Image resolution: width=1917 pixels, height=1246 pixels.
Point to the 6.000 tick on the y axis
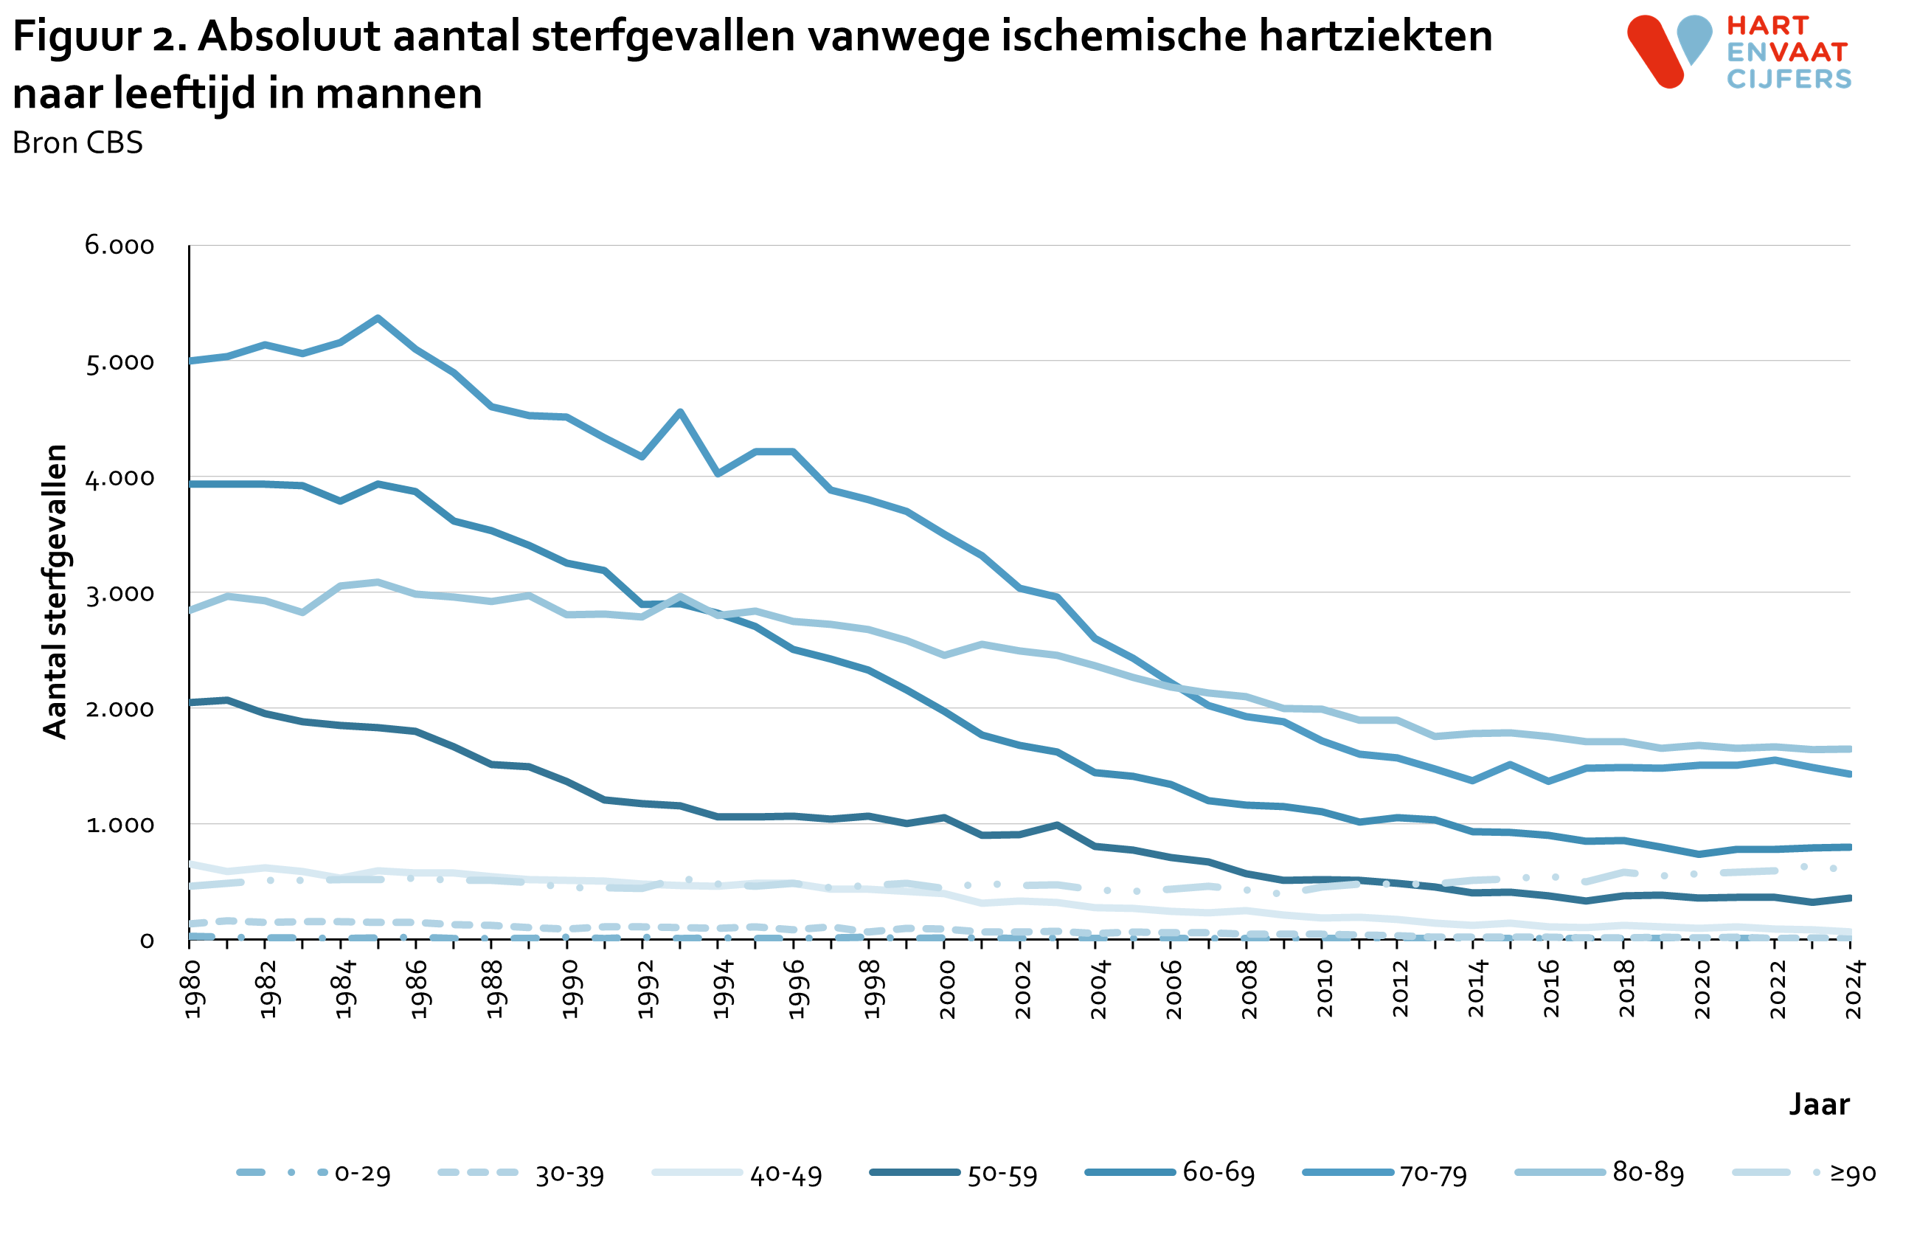tap(119, 246)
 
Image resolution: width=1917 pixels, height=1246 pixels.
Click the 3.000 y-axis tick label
tap(119, 595)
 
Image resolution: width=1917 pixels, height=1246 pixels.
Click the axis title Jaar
tap(1819, 1104)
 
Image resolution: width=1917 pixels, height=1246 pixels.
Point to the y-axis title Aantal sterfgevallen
tap(55, 592)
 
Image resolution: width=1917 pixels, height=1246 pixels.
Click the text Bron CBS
tap(77, 142)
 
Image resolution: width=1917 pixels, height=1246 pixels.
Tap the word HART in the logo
tap(1767, 26)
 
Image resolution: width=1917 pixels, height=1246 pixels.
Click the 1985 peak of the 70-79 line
tap(378, 318)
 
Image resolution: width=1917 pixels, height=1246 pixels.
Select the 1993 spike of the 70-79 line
tap(681, 412)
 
